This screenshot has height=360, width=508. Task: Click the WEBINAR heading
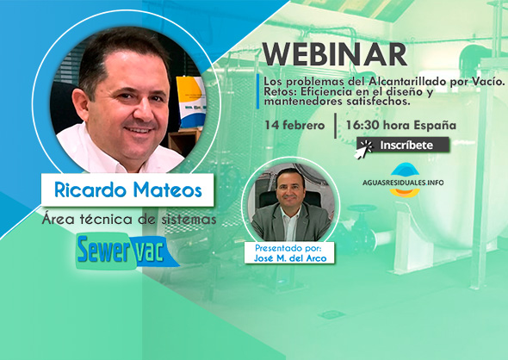click(x=334, y=54)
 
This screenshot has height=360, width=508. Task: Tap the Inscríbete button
click(x=403, y=145)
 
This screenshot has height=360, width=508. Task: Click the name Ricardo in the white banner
click(x=90, y=189)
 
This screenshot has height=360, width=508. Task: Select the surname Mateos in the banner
click(x=168, y=189)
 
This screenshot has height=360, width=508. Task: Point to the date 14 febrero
click(x=294, y=125)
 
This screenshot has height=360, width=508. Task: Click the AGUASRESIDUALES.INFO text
click(x=403, y=183)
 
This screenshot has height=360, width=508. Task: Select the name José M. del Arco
click(x=289, y=258)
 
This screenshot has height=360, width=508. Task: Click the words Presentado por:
click(x=288, y=249)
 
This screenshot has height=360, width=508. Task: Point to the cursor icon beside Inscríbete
click(x=364, y=149)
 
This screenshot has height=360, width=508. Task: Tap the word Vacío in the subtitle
click(x=491, y=81)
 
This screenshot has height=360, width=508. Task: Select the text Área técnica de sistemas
click(x=129, y=220)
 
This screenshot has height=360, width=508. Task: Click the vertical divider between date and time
click(x=335, y=126)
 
